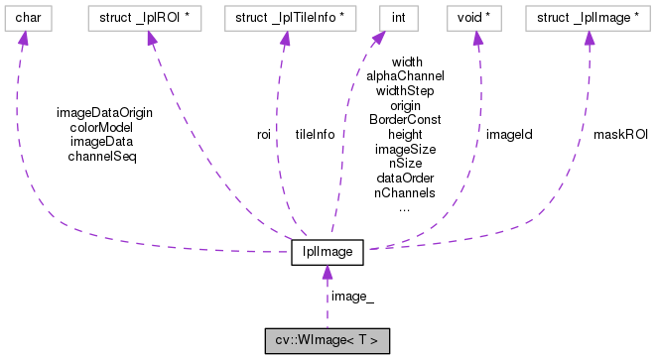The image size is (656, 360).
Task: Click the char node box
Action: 27,17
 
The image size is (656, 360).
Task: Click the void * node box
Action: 476,17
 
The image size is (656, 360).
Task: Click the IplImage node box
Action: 328,253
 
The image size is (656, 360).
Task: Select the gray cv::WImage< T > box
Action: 328,340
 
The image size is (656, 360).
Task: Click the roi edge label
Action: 264,134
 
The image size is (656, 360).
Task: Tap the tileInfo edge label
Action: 315,134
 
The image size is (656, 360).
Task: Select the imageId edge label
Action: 509,134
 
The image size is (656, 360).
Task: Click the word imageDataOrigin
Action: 104,112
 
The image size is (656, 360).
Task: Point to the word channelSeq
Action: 104,156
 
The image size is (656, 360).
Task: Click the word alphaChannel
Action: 405,75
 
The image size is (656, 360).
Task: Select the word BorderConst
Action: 405,119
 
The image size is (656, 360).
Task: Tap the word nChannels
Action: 405,192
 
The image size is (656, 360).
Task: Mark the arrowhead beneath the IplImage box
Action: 328,274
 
